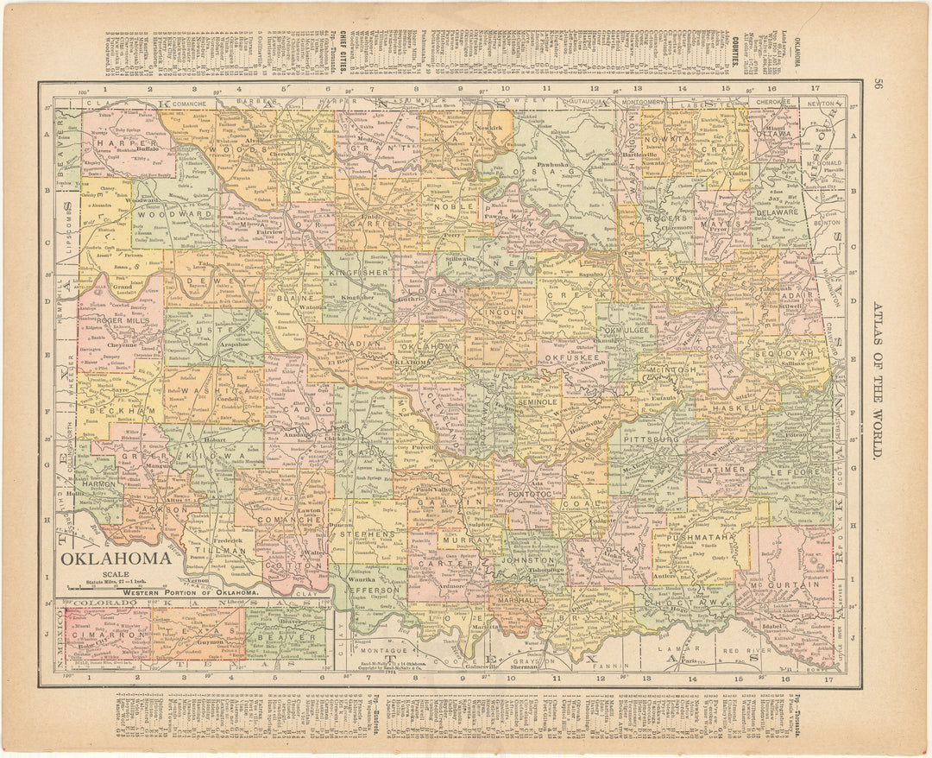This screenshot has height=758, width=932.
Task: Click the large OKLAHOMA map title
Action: (x=115, y=559)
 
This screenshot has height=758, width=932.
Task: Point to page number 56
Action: (x=878, y=85)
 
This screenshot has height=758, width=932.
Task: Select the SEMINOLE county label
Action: (x=536, y=401)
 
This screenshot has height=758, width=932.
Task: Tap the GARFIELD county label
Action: (x=376, y=221)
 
